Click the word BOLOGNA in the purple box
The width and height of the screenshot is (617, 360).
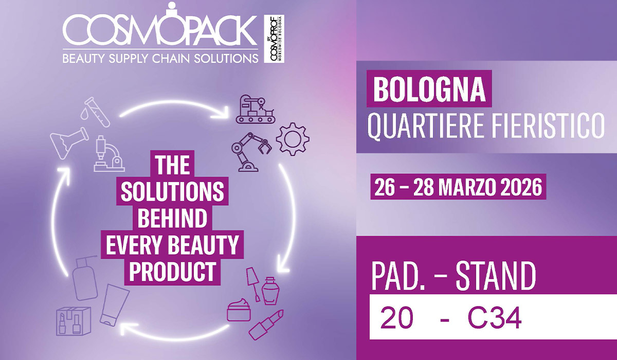click(429, 89)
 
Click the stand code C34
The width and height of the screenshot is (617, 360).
click(495, 319)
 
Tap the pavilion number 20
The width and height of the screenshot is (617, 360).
click(396, 319)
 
